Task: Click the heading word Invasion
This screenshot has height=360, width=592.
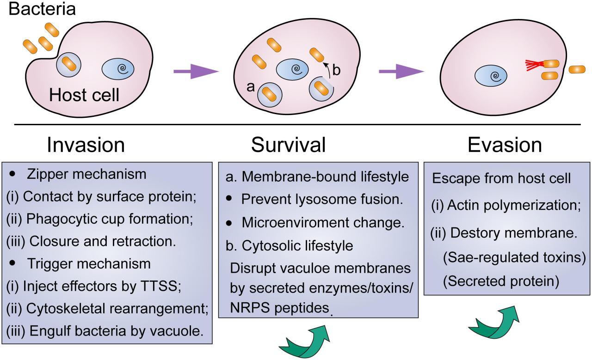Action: pos(86,145)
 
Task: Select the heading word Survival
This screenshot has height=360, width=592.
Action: pos(288,145)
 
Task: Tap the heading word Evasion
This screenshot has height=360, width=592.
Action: pos(505,145)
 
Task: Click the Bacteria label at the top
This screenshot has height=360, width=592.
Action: pos(42,8)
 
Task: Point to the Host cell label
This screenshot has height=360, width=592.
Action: pos(84,95)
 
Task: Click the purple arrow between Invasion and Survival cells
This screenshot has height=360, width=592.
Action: pos(195,71)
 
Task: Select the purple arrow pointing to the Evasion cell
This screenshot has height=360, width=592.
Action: pos(401,71)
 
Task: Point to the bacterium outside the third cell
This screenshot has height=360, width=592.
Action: pos(577,69)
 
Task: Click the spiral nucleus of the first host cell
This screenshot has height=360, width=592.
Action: pos(118,69)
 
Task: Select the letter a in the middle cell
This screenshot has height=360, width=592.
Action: pos(251,87)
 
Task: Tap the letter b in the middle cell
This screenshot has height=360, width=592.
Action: pos(336,70)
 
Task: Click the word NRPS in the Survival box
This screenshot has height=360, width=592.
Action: pos(248,308)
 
